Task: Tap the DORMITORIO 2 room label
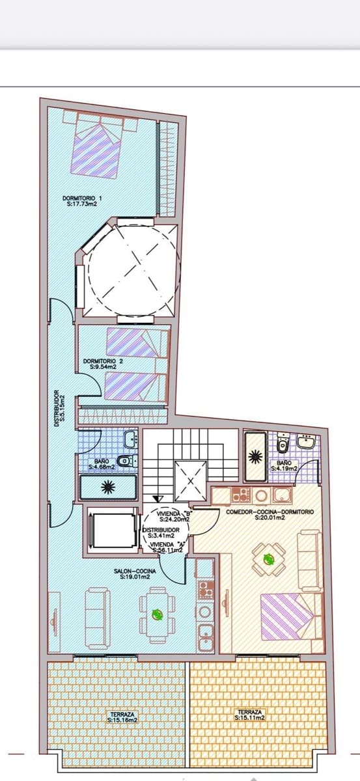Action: pyautogui.click(x=99, y=363)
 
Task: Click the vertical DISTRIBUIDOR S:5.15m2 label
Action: pyautogui.click(x=57, y=408)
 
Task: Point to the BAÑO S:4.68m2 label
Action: pyautogui.click(x=102, y=464)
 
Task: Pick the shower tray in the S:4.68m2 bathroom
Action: pyautogui.click(x=108, y=486)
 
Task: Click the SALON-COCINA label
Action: pyautogui.click(x=135, y=573)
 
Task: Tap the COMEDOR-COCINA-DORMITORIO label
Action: pyautogui.click(x=270, y=515)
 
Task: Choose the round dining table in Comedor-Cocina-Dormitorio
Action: pyautogui.click(x=268, y=559)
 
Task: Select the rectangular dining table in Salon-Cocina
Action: pyautogui.click(x=156, y=613)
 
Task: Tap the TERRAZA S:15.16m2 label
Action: pyautogui.click(x=122, y=717)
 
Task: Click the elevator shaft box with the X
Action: pyautogui.click(x=191, y=482)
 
